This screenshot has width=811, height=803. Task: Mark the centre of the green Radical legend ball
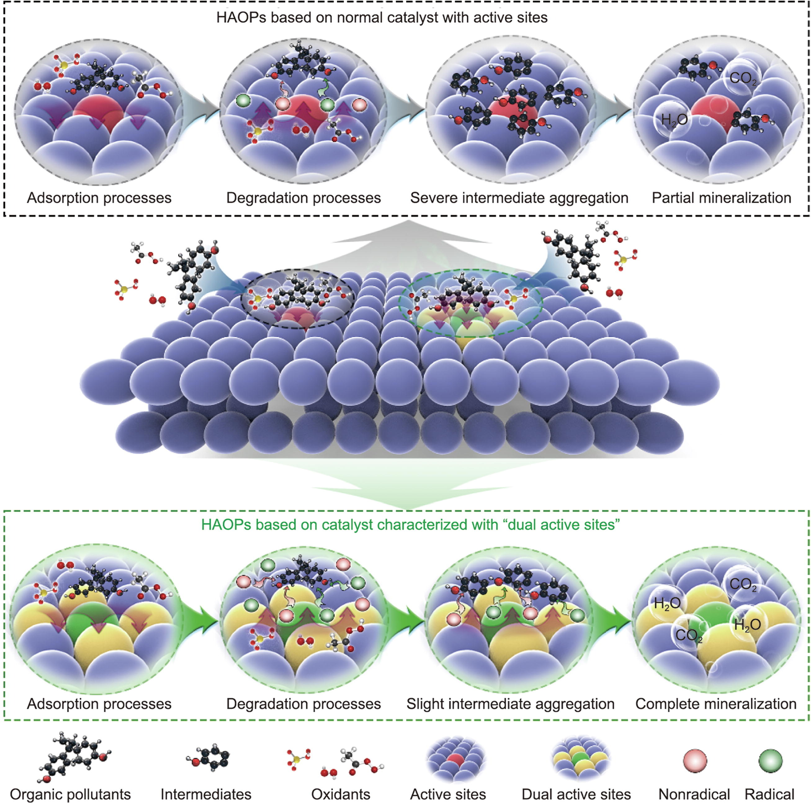click(x=770, y=760)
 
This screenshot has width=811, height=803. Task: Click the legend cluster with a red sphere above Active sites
click(x=456, y=759)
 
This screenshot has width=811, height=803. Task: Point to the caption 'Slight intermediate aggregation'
click(x=510, y=704)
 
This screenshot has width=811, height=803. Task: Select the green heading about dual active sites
click(x=410, y=525)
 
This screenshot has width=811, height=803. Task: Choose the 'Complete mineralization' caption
click(x=716, y=704)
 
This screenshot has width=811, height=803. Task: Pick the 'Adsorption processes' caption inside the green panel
click(x=99, y=704)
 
